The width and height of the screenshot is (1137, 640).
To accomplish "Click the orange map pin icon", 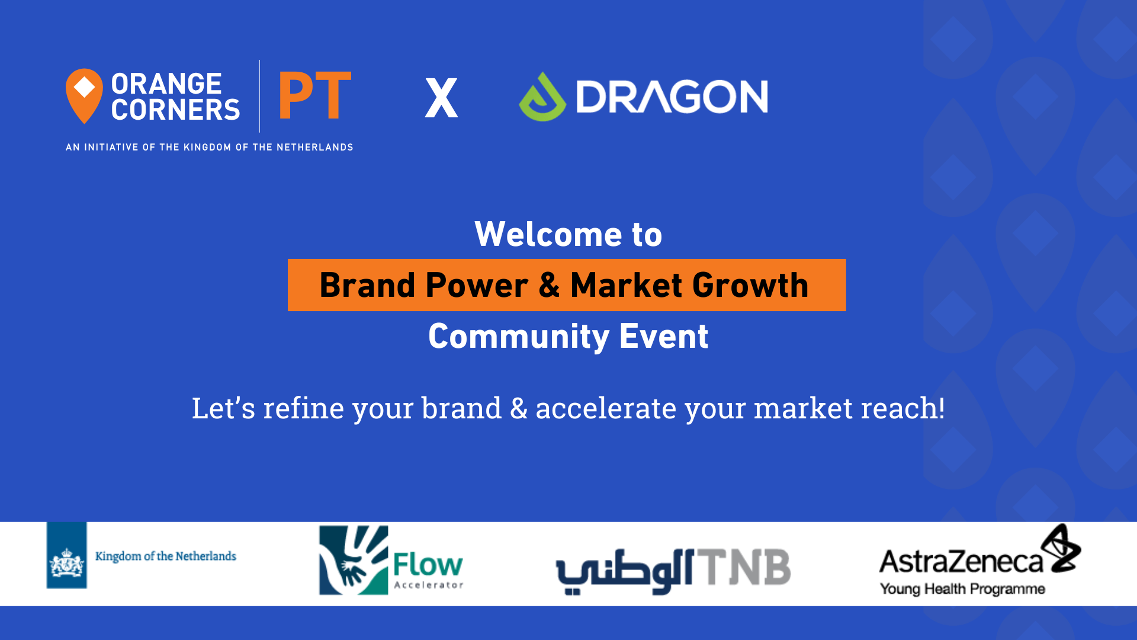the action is coord(84,95).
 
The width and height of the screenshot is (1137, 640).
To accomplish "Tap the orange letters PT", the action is coord(315,95).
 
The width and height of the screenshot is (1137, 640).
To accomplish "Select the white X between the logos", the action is coord(441,98).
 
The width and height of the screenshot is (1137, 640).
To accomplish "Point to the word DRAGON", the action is coord(672,97).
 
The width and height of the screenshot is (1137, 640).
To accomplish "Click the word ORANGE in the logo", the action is coord(166,84).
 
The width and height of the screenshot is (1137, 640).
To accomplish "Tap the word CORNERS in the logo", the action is coord(175,110).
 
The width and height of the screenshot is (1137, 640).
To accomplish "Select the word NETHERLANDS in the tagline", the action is coord(314,147).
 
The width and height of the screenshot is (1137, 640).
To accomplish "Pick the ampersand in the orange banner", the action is coord(549,285).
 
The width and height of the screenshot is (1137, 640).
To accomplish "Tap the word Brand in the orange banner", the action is coord(367,285).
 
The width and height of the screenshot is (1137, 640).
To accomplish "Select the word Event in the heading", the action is coord(663,337).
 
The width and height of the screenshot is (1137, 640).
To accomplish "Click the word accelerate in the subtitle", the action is coord(606,408).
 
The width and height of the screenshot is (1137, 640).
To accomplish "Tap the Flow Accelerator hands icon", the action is coord(354,560).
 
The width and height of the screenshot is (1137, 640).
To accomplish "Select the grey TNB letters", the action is coord(743,567).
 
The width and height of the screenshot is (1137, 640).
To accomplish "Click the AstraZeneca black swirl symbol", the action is coord(1061,548).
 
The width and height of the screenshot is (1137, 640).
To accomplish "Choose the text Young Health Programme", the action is coord(962,589).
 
